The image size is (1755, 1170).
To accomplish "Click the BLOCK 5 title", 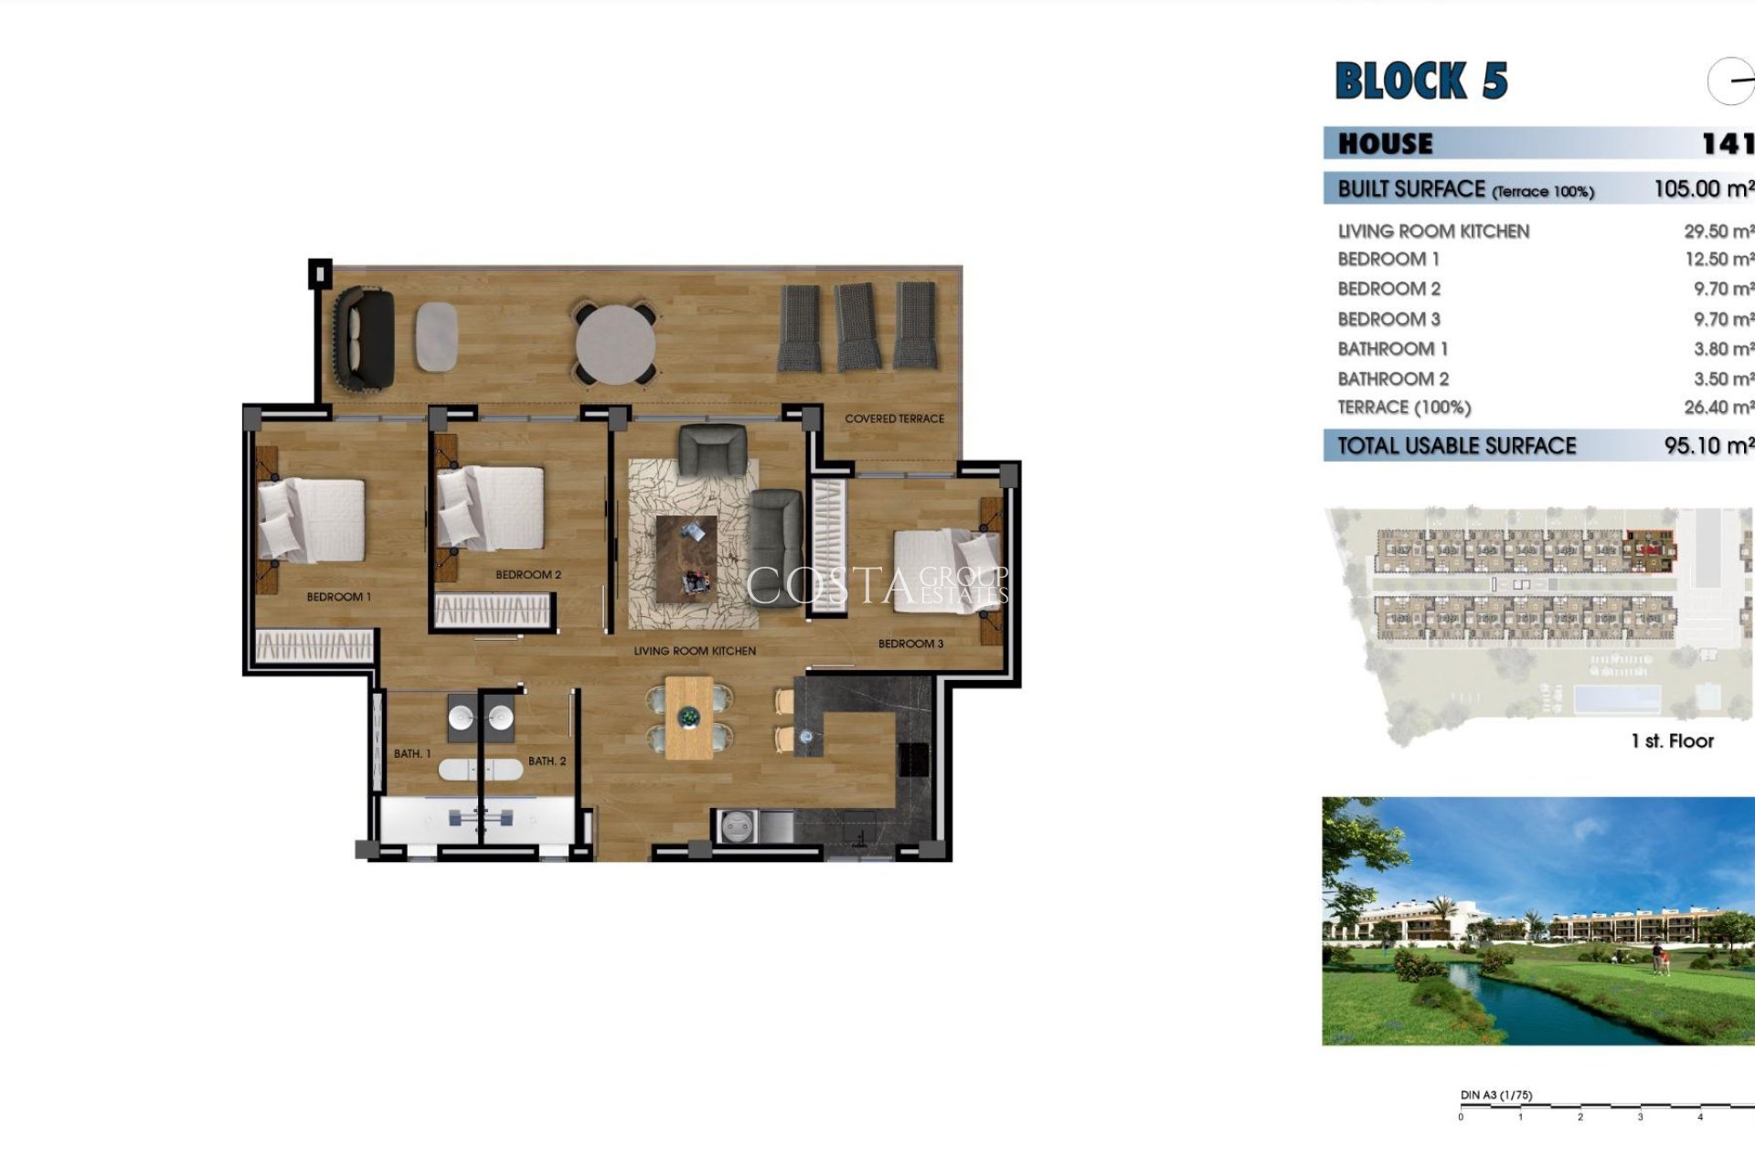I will coord(1420,80).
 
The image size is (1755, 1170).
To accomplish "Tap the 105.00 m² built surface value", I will coord(1703,189).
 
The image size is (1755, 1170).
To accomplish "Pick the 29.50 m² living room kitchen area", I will coord(1718,232).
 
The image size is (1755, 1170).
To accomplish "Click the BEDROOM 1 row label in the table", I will coord(1388,260).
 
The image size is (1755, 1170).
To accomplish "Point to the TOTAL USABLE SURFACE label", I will coord(1456,446).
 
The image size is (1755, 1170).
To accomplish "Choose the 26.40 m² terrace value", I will coord(1718,408).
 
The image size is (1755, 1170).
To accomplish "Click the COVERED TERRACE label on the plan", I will coord(894,419).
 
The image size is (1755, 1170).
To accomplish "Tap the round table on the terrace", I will coord(615,344).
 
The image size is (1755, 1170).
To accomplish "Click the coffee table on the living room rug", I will coord(686,558).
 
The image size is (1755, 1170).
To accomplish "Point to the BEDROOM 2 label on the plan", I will coord(527,575).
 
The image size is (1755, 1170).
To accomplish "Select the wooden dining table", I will coord(688,718).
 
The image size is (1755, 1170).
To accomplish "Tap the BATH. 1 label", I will coord(412,754).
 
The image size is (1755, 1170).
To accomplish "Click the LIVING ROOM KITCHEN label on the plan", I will coord(695,651).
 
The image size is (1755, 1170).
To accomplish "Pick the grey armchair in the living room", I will coord(712,451).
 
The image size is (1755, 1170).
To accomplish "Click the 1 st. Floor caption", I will coord(1671,741).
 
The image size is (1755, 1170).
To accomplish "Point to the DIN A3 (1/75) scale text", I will coord(1495,1095).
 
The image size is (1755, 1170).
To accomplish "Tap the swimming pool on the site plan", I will coord(1616,699).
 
